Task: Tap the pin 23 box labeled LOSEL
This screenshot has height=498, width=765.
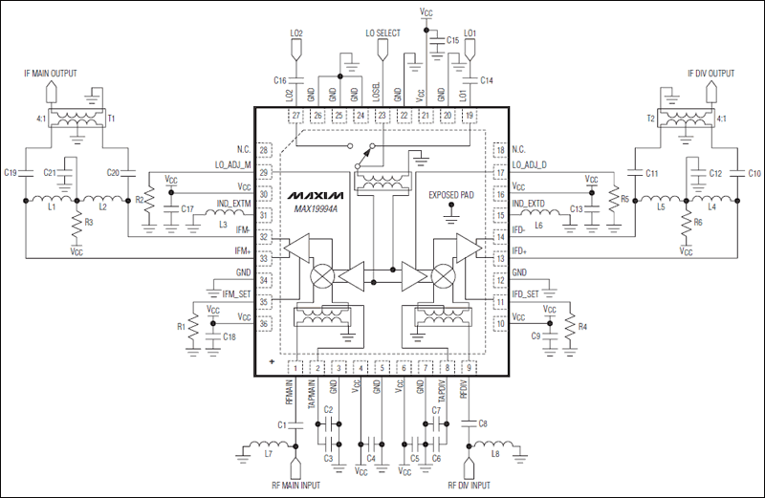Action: tap(382, 116)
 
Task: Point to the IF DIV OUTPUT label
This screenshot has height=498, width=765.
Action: tap(711, 73)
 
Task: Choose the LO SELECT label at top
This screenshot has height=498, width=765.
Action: tap(382, 33)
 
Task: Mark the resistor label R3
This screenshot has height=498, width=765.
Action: tap(88, 221)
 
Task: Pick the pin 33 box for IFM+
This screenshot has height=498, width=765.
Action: tap(265, 257)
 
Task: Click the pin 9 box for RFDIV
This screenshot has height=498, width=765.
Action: tap(470, 368)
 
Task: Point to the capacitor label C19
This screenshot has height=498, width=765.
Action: tap(11, 173)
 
